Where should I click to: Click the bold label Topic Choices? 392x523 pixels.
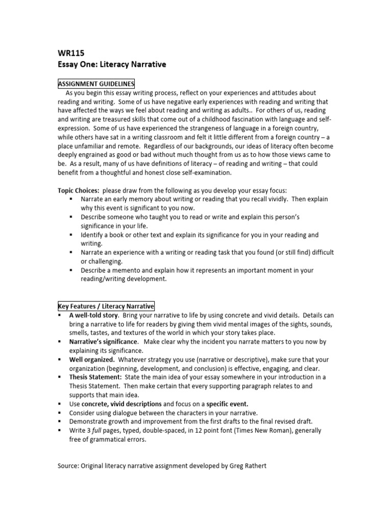[x=78, y=191]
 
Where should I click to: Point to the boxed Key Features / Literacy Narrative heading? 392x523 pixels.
[x=105, y=306]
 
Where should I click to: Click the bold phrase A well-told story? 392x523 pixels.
[x=90, y=315]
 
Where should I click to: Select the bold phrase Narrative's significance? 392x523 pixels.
[x=103, y=341]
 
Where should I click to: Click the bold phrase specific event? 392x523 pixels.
[x=227, y=403]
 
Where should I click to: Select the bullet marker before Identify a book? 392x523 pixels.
[x=71, y=235]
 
